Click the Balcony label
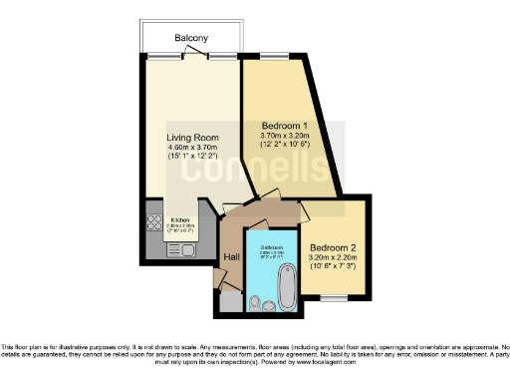(191, 38)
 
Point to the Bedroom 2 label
(334, 247)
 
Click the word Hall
(231, 257)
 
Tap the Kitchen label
(180, 219)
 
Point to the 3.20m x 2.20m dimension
(334, 257)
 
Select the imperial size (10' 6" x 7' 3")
(334, 267)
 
